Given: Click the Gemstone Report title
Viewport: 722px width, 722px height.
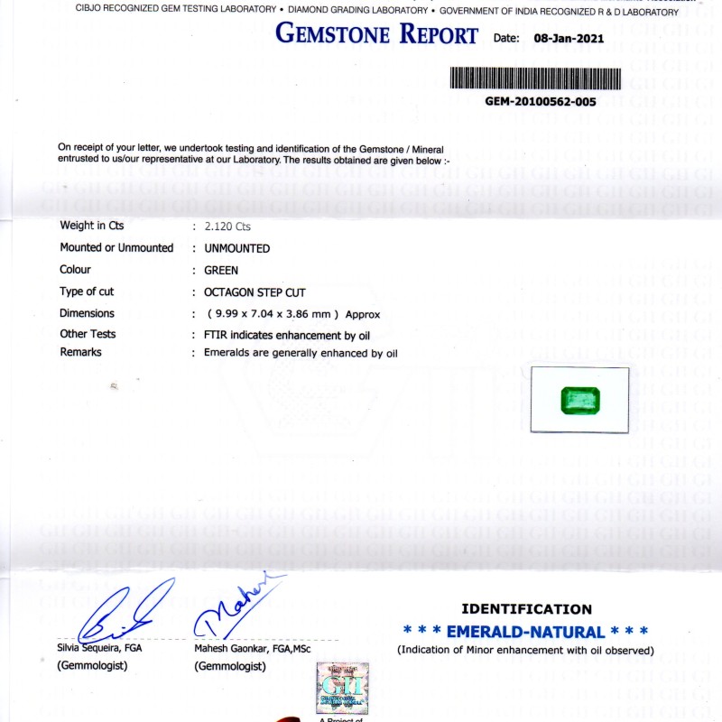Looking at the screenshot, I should (376, 35).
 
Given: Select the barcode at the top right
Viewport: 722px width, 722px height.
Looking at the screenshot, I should (535, 78).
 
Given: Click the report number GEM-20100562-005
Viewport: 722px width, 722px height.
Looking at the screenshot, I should (541, 102).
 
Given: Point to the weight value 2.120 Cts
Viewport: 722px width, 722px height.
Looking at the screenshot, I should (227, 227).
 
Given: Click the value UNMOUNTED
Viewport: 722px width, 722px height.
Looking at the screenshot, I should (236, 248).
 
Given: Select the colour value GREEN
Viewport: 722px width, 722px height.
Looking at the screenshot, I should (221, 270).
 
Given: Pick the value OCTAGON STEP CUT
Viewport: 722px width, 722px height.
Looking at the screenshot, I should (255, 292).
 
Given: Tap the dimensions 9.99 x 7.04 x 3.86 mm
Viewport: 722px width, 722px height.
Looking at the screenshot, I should (273, 314).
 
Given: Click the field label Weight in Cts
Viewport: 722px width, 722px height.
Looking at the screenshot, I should (92, 226).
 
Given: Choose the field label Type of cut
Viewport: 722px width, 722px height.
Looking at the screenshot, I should (87, 292).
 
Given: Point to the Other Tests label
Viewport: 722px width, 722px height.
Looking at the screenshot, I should (88, 334).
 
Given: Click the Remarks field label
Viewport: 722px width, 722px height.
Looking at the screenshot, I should (80, 352).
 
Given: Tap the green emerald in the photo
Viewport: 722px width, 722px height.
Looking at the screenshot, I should (579, 399).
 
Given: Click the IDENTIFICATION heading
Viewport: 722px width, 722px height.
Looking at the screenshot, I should (526, 609).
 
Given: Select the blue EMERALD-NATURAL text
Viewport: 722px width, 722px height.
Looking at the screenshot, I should (526, 632).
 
